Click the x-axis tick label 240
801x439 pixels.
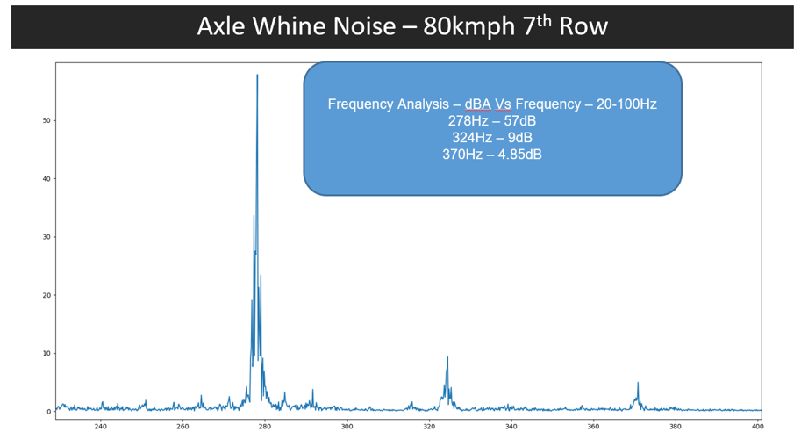pos(100,427)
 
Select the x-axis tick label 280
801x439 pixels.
pos(265,427)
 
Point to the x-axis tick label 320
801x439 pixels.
pos(429,427)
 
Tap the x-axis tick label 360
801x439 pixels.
pos(593,427)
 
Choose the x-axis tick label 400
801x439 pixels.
pos(757,427)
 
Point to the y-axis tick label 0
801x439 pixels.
pos(49,412)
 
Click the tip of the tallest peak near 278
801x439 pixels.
pos(257,75)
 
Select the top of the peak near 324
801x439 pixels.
pos(447,357)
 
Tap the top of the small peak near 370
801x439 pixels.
pos(638,383)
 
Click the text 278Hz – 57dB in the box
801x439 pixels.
pos(492,121)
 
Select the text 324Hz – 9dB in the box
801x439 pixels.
pos(492,138)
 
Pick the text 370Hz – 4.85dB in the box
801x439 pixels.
pos(492,155)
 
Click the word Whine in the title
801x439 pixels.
pos(287,26)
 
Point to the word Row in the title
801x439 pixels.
pos(584,26)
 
